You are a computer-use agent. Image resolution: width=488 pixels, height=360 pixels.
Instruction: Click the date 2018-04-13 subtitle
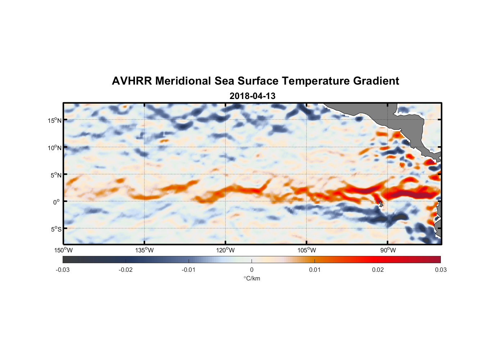coord(252,96)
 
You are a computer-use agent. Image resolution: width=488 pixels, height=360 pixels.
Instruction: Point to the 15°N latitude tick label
coord(55,120)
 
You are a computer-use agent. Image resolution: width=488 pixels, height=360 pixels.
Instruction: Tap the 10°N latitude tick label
coord(55,148)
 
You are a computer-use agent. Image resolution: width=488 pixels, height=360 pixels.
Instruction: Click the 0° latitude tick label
coord(57,202)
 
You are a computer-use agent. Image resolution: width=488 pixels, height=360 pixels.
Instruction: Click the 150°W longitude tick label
coord(63,250)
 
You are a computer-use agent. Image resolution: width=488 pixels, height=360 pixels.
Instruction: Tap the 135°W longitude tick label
coord(144,250)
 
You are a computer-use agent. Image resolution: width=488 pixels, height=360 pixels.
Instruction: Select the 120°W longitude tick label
coord(225,250)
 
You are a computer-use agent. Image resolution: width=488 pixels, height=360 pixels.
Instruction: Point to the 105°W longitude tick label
coord(307,250)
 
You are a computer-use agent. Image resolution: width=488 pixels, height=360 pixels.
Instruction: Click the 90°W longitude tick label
coord(388,250)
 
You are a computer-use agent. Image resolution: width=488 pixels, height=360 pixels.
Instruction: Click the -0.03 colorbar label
coord(63,270)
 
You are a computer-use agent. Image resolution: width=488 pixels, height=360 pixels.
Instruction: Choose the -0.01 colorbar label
coord(189,270)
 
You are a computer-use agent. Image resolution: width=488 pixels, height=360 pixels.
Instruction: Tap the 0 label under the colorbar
coord(252,270)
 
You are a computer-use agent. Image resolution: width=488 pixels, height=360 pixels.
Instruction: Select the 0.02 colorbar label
coord(378,270)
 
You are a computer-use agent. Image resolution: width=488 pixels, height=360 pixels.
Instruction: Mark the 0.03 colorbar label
coord(440,270)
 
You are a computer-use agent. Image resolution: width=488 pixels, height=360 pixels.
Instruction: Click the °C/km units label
coord(252,278)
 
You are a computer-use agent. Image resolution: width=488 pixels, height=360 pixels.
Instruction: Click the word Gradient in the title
coord(376,81)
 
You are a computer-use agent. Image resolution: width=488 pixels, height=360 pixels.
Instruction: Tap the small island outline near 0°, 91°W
coord(381,204)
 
